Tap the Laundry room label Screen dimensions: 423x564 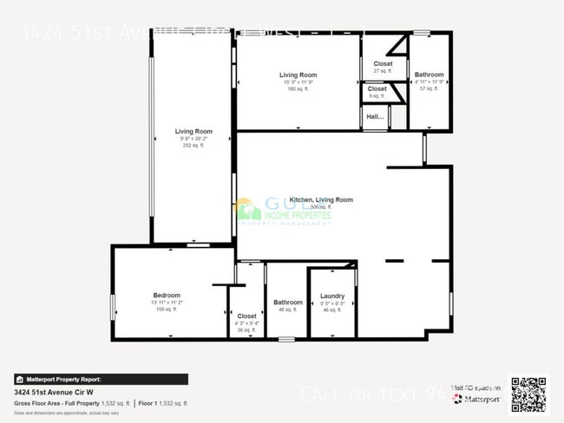(x=332, y=296)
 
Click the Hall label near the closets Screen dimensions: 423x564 (x=375, y=116)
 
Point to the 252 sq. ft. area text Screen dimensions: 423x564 (x=193, y=146)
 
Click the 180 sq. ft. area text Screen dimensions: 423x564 (x=298, y=89)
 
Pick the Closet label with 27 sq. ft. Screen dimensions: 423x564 (x=383, y=64)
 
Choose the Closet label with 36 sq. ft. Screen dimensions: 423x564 (x=246, y=316)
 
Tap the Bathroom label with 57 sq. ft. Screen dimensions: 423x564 (x=429, y=75)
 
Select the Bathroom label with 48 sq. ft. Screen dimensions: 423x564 (x=288, y=303)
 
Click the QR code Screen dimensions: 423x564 (x=528, y=394)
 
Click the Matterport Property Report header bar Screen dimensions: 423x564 (x=101, y=379)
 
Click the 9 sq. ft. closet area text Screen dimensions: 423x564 (x=377, y=95)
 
